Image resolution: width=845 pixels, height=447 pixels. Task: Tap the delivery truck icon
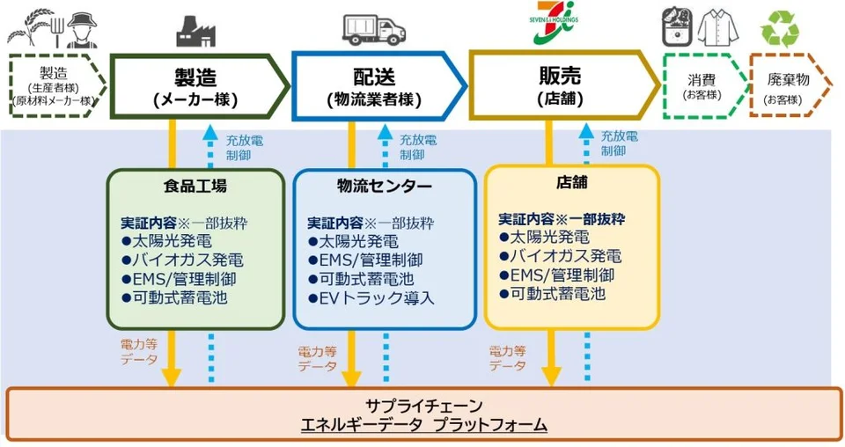(374, 29)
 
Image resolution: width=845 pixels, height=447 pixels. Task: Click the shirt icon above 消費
(718, 27)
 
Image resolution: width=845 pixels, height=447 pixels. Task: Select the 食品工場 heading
(195, 186)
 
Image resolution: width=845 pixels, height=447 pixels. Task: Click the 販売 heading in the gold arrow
(559, 77)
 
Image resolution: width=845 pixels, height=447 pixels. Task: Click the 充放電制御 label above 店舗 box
(620, 143)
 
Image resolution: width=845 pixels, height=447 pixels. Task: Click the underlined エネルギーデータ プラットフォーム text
(423, 426)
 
